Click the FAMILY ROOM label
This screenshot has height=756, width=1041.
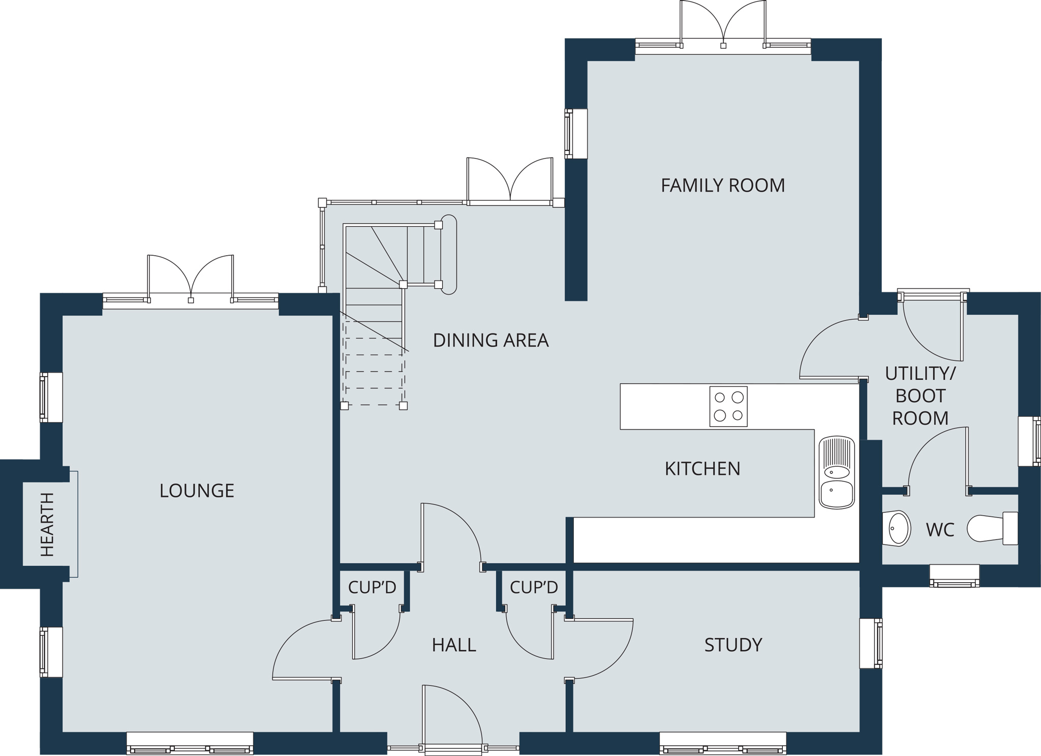pos(723,186)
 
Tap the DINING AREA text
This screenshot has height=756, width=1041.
pos(491,340)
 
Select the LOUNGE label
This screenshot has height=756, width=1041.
pos(197,491)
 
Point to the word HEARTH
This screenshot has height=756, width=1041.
pos(47,524)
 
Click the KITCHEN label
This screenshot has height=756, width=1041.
pos(702,469)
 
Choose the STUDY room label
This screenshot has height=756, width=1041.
pos(733,645)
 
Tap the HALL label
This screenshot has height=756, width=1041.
pos(454,645)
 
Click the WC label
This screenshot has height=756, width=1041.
pos(940,530)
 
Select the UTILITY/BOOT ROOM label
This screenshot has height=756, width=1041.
pos(920,396)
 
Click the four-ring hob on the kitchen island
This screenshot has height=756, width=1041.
pos(728,406)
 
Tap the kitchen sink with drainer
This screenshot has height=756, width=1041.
pos(837,472)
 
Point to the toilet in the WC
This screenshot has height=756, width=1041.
pos(992,528)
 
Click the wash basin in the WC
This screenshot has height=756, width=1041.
pos(897,528)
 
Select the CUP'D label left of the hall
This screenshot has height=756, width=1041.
pos(372,587)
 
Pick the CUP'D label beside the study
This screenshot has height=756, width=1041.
pos(534,587)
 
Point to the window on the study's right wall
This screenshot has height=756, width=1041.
pos(871,643)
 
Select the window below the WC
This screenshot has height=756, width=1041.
pos(955,576)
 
